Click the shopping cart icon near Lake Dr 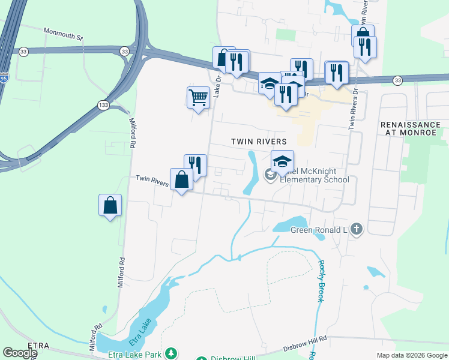point(198,97)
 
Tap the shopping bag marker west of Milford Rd point(110,205)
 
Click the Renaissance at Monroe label point(411,128)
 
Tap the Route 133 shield point(103,105)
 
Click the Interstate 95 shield point(3,78)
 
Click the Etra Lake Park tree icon point(171,353)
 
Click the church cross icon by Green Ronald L point(357,229)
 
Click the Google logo point(20,353)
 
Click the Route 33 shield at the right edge point(398,80)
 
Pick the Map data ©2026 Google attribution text point(411,355)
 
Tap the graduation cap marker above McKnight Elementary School point(282,161)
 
